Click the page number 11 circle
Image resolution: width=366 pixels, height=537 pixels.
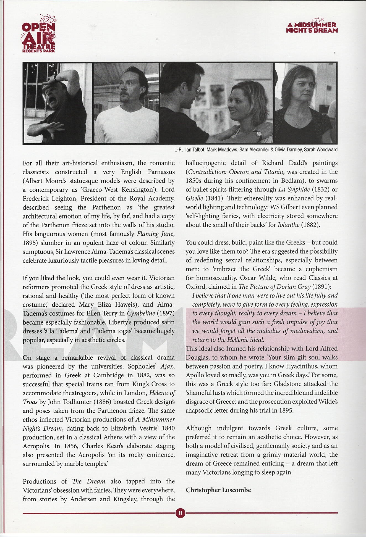point(180,513)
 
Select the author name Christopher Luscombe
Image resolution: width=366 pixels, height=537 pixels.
point(218,490)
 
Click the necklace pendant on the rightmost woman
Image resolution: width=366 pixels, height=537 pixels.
point(296,125)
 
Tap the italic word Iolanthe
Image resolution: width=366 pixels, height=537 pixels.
point(288,225)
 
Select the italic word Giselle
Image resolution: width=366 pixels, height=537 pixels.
point(194,198)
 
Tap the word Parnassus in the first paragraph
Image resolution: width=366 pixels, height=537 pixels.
point(161,172)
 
